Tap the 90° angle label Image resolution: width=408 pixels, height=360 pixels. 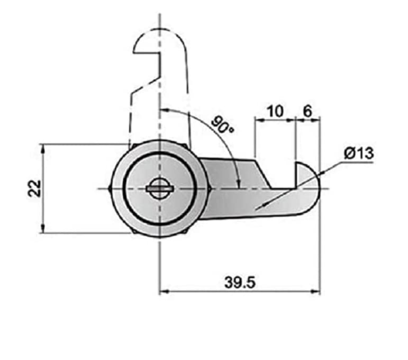[x=223, y=125]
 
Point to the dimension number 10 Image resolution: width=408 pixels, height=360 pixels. [x=275, y=111]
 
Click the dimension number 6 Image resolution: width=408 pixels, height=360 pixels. [x=307, y=111]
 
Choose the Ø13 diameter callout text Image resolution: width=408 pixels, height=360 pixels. [x=358, y=152]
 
